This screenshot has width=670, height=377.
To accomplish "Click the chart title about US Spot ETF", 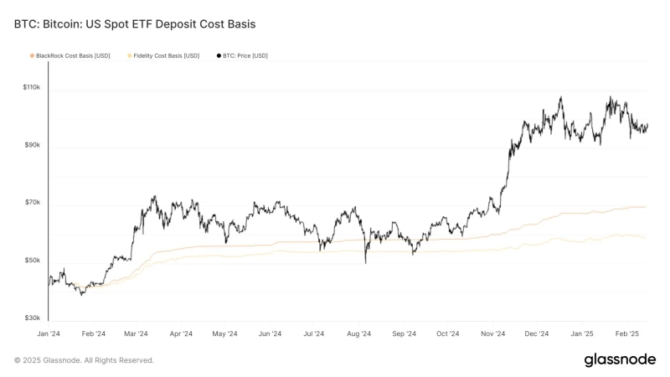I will point(135,24).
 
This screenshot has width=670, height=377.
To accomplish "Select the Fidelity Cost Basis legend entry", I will point(166,55).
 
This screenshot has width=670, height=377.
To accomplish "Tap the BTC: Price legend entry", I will point(245,55).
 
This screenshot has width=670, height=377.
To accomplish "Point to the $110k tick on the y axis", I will point(32,88).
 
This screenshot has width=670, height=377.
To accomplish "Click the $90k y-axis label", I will point(32,146).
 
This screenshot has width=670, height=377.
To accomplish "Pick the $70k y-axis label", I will point(32,204).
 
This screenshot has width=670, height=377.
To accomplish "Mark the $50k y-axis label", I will point(32,261).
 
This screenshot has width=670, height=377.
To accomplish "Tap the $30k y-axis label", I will point(32,319).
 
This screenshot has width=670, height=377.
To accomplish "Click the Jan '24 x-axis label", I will point(49,333).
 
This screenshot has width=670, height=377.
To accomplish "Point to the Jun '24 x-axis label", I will point(270,333).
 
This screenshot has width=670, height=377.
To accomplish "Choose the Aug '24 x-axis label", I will point(359,333).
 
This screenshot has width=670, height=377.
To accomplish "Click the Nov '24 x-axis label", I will point(493,333).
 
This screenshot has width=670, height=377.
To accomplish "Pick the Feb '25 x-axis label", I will point(626,333).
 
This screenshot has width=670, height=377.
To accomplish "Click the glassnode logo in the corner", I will point(619,359).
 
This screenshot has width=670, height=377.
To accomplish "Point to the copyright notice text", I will point(84,360).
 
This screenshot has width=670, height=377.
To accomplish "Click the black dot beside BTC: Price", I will point(219,55).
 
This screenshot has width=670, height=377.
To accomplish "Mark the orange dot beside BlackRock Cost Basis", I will point(32,55).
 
